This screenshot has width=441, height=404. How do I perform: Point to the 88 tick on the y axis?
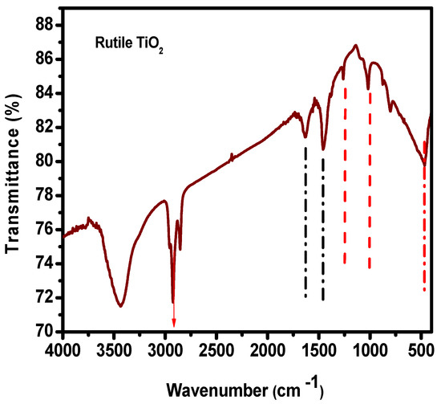click(46, 25)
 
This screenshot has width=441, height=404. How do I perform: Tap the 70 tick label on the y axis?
click(46, 332)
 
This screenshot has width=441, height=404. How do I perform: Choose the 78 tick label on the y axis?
click(46, 195)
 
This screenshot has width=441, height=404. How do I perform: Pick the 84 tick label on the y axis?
click(46, 93)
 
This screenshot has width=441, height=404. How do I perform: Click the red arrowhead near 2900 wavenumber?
click(173, 323)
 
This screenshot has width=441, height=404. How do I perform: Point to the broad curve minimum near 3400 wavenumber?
click(120, 305)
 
